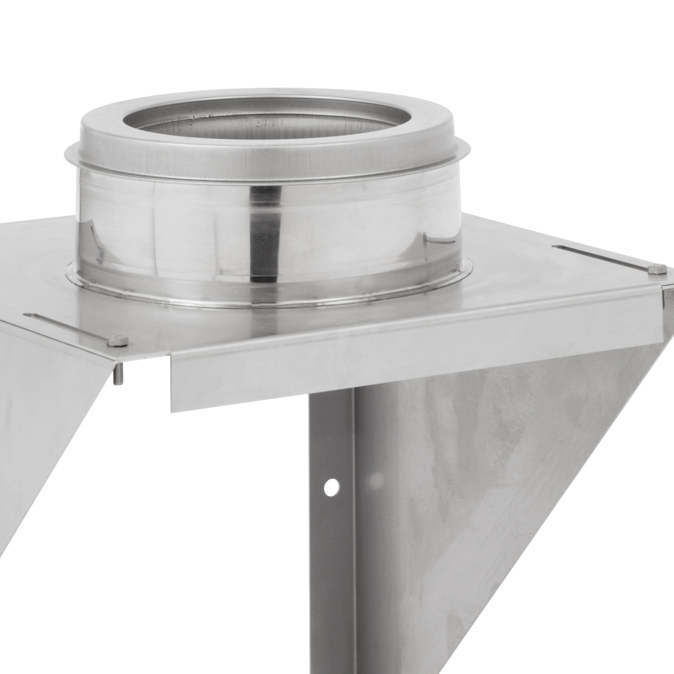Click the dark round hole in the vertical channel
[331, 487]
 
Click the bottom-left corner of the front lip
[173, 410]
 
